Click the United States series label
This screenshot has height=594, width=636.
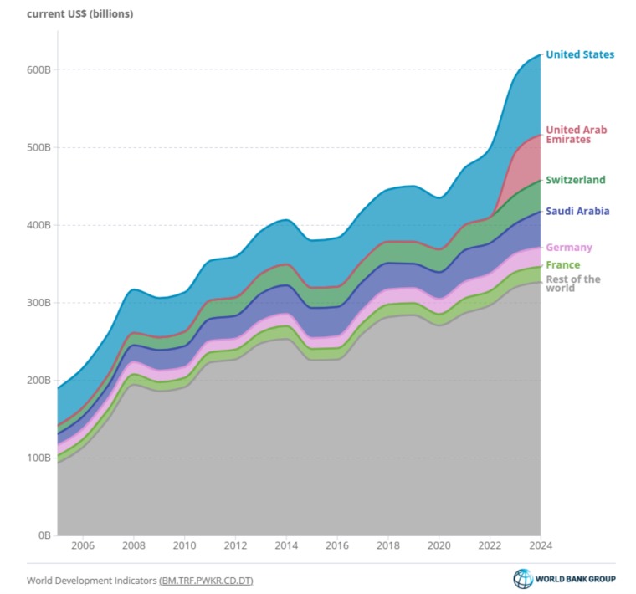click(580, 54)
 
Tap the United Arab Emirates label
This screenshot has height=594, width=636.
click(577, 135)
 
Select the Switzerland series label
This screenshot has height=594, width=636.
click(576, 180)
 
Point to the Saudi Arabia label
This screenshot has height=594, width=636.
click(577, 211)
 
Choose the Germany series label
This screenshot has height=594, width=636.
click(569, 248)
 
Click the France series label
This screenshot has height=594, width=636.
click(563, 264)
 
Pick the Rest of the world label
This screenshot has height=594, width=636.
click(573, 284)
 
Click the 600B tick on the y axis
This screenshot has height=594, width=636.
click(39, 69)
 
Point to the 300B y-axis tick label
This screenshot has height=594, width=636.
click(39, 303)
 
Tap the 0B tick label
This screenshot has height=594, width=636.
click(44, 535)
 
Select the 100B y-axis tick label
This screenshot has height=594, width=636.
click(39, 458)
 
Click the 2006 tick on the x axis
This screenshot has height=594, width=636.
click(83, 545)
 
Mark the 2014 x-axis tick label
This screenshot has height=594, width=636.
click(286, 545)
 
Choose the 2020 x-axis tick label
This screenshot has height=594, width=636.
click(439, 545)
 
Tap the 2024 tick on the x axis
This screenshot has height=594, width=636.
click(541, 545)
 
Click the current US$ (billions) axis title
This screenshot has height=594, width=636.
click(79, 13)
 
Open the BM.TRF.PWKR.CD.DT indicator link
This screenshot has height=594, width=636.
click(207, 581)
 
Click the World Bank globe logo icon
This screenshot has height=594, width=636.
click(523, 579)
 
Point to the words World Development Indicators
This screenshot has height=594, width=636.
click(92, 581)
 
